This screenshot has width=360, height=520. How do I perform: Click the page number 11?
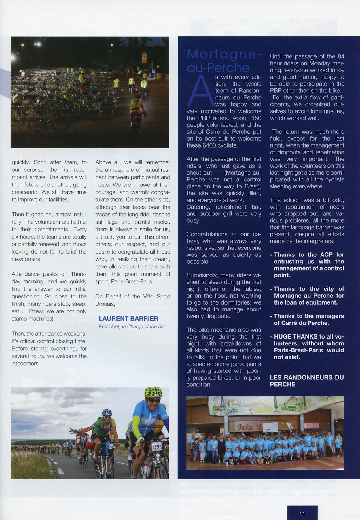302,513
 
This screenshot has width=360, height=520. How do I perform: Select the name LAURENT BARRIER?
128,318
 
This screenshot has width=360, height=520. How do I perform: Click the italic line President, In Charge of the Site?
132,326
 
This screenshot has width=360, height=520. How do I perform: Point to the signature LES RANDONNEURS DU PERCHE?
306,381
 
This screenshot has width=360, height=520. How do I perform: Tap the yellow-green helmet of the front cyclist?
153,392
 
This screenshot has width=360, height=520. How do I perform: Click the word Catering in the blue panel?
198,207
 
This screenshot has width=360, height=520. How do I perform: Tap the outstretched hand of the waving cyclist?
71,431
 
